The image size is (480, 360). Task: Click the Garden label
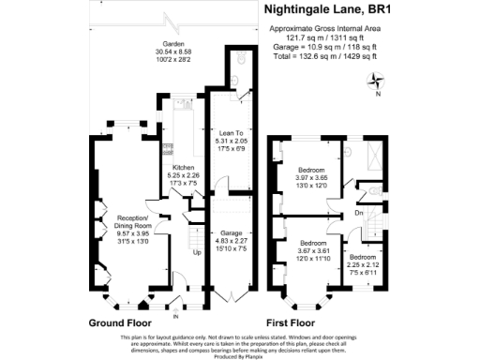172,44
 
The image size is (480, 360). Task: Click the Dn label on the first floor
359,212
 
